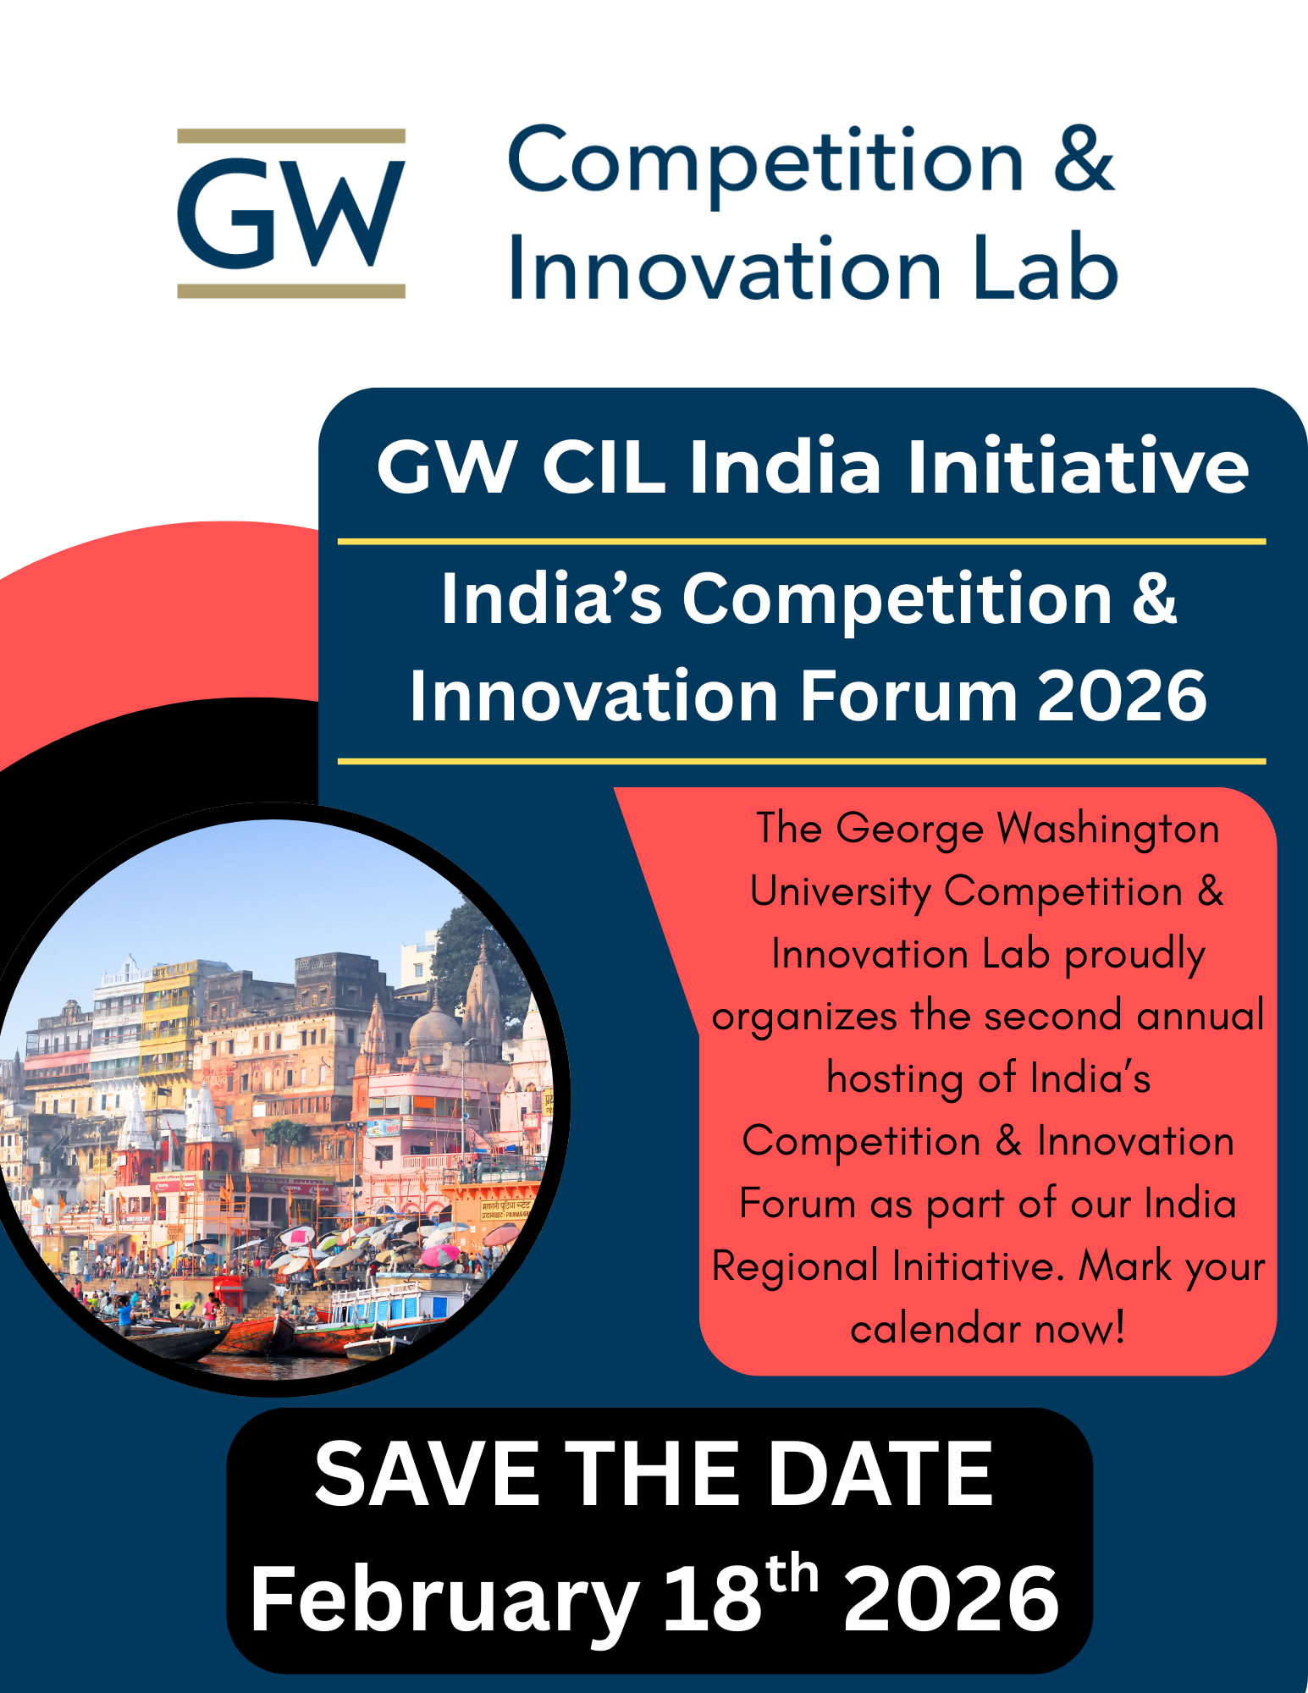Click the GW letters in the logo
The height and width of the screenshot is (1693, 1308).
click(x=291, y=212)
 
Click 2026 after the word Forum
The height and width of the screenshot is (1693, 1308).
click(x=1122, y=696)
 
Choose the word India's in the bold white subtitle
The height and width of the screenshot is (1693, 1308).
click(x=551, y=598)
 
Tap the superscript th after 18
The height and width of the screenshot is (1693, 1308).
click(x=792, y=1574)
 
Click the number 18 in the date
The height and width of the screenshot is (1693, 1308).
click(x=712, y=1598)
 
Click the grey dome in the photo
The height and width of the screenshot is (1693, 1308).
click(x=435, y=1026)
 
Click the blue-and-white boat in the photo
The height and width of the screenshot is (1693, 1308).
click(x=398, y=1304)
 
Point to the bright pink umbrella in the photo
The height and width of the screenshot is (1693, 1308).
click(x=439, y=1255)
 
